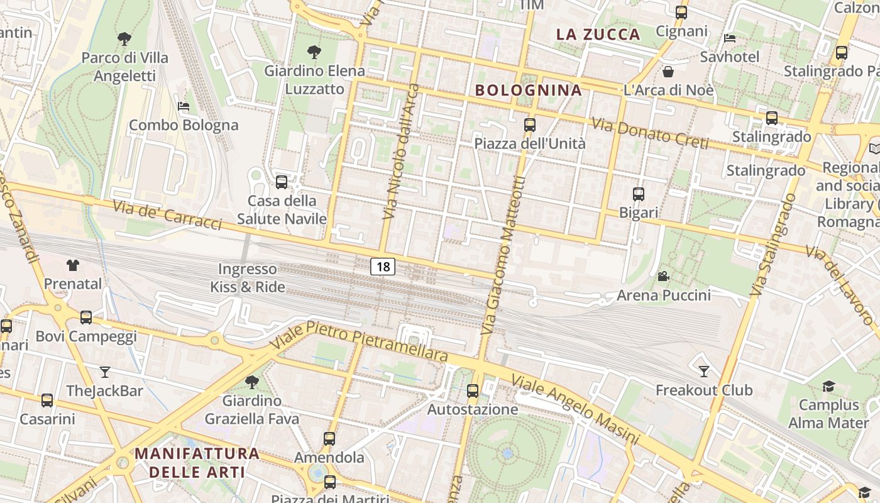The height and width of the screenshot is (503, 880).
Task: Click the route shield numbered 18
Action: tap(382, 267)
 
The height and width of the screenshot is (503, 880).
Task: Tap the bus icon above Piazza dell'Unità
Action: tap(530, 125)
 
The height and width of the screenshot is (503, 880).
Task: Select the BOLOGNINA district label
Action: tap(529, 90)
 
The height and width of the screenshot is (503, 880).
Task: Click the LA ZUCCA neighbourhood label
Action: tap(598, 34)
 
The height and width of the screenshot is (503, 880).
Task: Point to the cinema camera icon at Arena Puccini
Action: tap(663, 276)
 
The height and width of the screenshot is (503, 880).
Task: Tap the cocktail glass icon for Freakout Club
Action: tap(704, 372)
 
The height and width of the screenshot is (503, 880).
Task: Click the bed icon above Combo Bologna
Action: tap(184, 106)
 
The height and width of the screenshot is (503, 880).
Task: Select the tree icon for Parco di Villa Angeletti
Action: tap(124, 39)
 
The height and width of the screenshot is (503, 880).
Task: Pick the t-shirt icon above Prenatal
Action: tap(73, 265)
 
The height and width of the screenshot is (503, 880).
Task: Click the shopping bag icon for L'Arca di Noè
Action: tap(668, 72)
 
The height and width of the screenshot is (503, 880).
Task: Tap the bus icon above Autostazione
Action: tap(473, 391)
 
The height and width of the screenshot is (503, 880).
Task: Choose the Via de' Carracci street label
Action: tap(167, 215)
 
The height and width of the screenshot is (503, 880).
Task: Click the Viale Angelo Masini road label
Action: tap(575, 409)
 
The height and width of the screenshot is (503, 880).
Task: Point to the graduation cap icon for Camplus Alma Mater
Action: tap(828, 386)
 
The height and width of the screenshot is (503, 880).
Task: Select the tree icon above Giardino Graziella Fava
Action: tap(251, 382)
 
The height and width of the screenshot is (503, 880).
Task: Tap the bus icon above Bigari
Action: tap(639, 194)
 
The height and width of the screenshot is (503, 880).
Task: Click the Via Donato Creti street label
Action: tap(650, 133)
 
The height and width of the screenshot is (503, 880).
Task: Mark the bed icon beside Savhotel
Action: tap(730, 38)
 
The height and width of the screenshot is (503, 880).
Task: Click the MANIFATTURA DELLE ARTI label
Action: tap(197, 462)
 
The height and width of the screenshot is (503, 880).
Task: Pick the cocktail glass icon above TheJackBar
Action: tap(105, 372)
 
